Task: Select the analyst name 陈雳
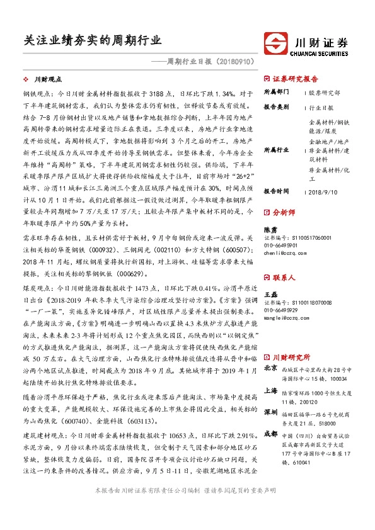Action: coord(270,230)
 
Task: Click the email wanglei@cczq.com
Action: coord(283,318)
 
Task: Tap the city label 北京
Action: coord(270,368)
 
